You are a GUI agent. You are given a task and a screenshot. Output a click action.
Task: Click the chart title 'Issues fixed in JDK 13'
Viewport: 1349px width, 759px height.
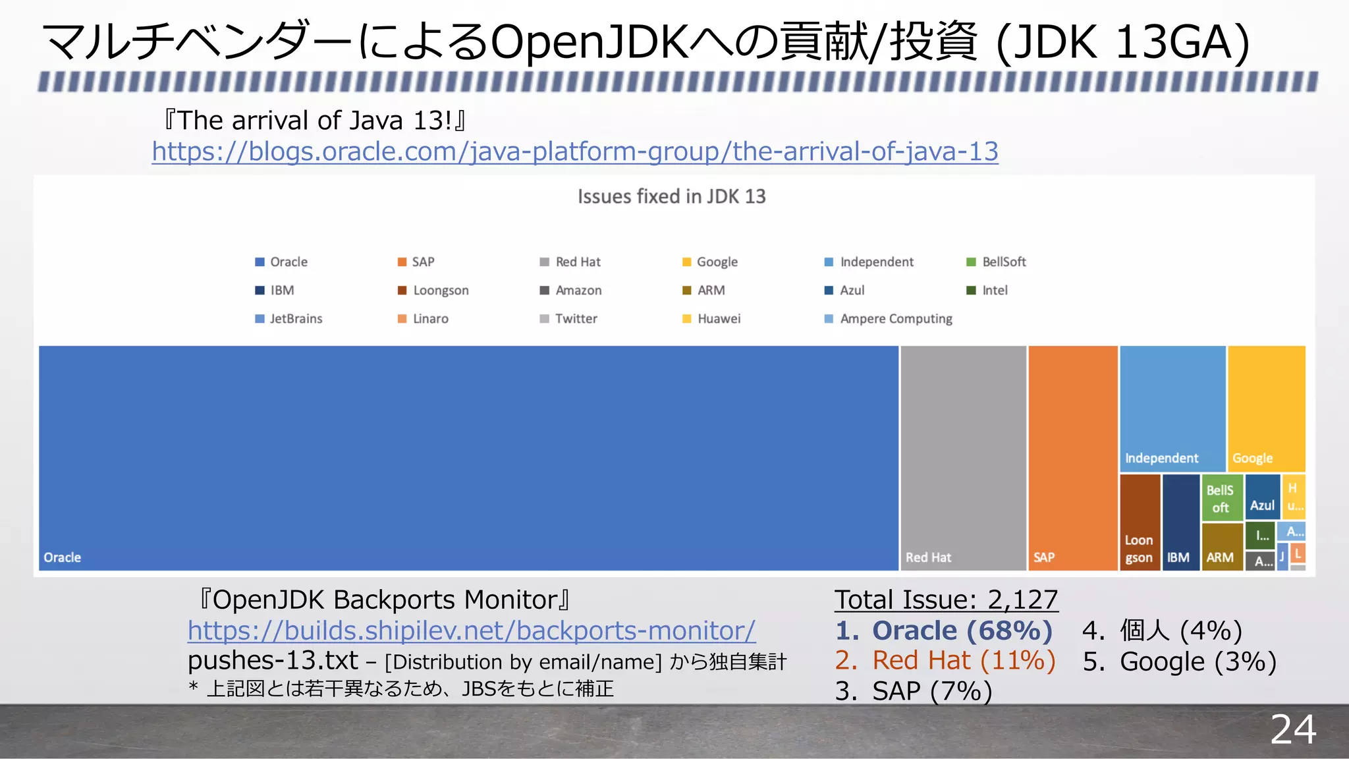pyautogui.click(x=671, y=196)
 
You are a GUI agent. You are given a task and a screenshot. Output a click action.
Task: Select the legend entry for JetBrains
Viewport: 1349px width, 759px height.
pyautogui.click(x=289, y=319)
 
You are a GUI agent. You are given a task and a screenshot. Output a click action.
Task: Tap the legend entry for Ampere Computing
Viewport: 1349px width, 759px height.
pyautogui.click(x=889, y=319)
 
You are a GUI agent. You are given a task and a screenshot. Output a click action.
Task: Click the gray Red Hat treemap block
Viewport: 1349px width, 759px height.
pyautogui.click(x=963, y=458)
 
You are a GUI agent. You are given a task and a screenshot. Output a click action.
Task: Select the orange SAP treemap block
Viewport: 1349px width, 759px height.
pyautogui.click(x=1072, y=458)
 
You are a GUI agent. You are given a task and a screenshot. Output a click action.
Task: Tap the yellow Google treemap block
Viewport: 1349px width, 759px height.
pyautogui.click(x=1266, y=408)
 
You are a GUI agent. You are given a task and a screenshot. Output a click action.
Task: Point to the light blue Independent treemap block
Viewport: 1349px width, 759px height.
pyautogui.click(x=1172, y=408)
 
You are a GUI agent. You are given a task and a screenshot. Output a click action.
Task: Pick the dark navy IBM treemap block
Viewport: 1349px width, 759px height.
pyautogui.click(x=1180, y=522)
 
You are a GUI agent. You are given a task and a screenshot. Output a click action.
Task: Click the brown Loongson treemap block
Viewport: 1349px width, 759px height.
pyautogui.click(x=1140, y=522)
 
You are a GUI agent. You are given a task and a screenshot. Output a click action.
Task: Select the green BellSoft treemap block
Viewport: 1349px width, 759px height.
pyautogui.click(x=1221, y=498)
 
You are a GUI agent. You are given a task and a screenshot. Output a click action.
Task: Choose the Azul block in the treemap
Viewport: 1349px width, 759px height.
pyautogui.click(x=1262, y=497)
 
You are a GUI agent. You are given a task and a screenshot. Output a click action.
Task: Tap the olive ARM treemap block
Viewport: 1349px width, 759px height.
pyautogui.click(x=1221, y=547)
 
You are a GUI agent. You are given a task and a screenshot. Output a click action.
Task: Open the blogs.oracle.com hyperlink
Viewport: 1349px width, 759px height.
pyautogui.click(x=574, y=152)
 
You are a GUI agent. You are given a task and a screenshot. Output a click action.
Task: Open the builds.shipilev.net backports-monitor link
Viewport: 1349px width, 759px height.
pyautogui.click(x=472, y=631)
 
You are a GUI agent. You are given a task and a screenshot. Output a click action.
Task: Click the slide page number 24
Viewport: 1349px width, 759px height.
pyautogui.click(x=1293, y=729)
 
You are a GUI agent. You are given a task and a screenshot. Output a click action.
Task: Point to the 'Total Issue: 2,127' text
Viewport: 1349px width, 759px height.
pyautogui.click(x=946, y=600)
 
